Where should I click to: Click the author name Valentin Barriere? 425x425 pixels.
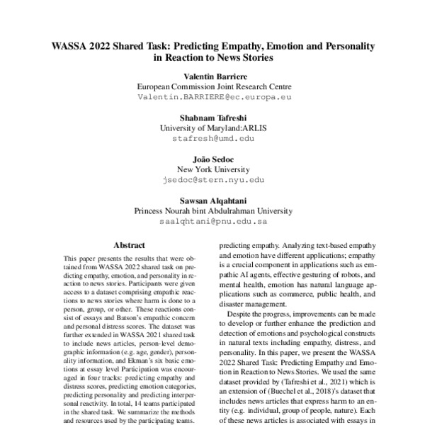pyautogui.click(x=213, y=75)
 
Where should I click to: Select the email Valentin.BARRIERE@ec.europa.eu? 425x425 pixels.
pyautogui.click(x=213, y=96)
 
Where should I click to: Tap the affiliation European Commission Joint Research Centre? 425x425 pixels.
pyautogui.click(x=213, y=86)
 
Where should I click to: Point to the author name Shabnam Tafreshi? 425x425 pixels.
pyautogui.click(x=213, y=117)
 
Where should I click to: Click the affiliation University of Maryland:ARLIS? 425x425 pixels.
pyautogui.click(x=213, y=127)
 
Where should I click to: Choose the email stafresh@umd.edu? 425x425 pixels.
pyautogui.click(x=213, y=138)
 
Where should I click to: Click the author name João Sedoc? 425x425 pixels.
pyautogui.click(x=213, y=159)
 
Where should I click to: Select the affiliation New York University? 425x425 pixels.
pyautogui.click(x=213, y=169)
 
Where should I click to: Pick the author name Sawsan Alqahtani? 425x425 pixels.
pyautogui.click(x=213, y=200)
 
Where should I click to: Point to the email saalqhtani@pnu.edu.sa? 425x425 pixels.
pyautogui.click(x=213, y=222)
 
